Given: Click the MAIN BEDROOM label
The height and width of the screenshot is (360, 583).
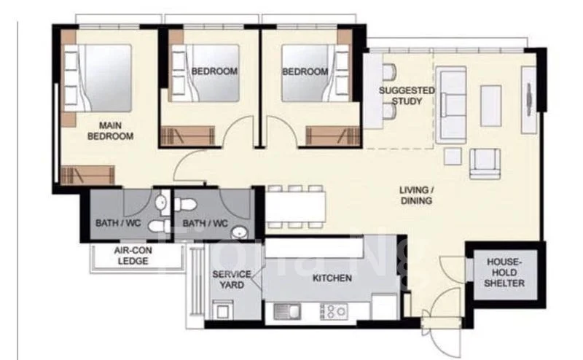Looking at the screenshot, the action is (x=111, y=130).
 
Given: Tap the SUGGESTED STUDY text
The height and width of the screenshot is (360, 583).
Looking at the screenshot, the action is (x=407, y=96).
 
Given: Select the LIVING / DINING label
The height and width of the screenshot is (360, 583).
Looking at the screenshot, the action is (x=416, y=195).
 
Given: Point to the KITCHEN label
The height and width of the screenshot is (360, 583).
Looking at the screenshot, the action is (x=332, y=278).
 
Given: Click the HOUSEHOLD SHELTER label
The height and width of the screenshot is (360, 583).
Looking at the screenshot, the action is (x=504, y=273).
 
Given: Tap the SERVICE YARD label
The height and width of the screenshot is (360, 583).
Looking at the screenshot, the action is (x=232, y=280).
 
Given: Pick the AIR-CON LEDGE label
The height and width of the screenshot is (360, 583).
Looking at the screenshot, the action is (x=133, y=256).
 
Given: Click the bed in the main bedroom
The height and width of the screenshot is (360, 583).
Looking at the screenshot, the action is (x=98, y=78).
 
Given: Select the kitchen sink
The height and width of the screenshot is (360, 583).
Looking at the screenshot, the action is (x=287, y=311).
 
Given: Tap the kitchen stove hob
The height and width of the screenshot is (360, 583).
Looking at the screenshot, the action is (x=334, y=311).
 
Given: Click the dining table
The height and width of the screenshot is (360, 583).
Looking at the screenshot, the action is (x=296, y=207).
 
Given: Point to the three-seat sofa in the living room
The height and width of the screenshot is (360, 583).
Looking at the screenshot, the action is (x=451, y=105).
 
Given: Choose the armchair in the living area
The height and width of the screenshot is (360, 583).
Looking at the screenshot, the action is (x=485, y=164).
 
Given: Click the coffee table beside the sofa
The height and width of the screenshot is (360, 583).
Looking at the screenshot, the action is (x=490, y=106).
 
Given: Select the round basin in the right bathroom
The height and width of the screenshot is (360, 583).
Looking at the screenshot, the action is (x=239, y=232).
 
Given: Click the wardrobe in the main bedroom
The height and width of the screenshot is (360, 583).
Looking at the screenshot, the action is (x=87, y=175).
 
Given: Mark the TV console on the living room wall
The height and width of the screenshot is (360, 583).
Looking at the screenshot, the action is (x=529, y=100).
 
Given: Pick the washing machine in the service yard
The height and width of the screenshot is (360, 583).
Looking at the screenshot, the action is (x=223, y=310).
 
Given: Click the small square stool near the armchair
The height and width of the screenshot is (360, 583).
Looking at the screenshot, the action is (x=453, y=156).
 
